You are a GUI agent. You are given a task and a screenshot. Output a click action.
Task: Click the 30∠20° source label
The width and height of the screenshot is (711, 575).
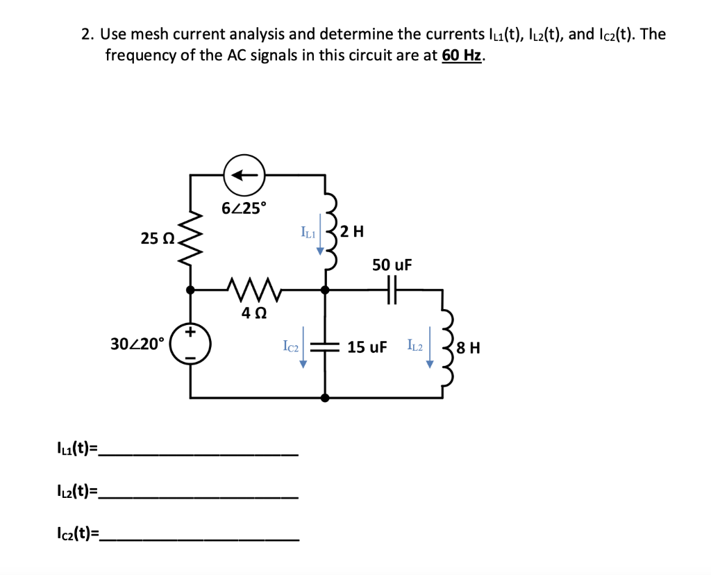point(138,343)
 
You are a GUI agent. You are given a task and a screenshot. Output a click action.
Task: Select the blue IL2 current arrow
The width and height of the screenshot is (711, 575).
point(430,353)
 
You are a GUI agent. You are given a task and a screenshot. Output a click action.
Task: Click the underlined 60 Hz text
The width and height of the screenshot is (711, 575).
point(461,56)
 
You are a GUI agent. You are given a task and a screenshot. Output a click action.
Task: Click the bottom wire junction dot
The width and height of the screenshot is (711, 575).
point(325,398)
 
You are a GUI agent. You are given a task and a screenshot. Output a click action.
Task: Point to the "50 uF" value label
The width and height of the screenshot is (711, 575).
point(392,265)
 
